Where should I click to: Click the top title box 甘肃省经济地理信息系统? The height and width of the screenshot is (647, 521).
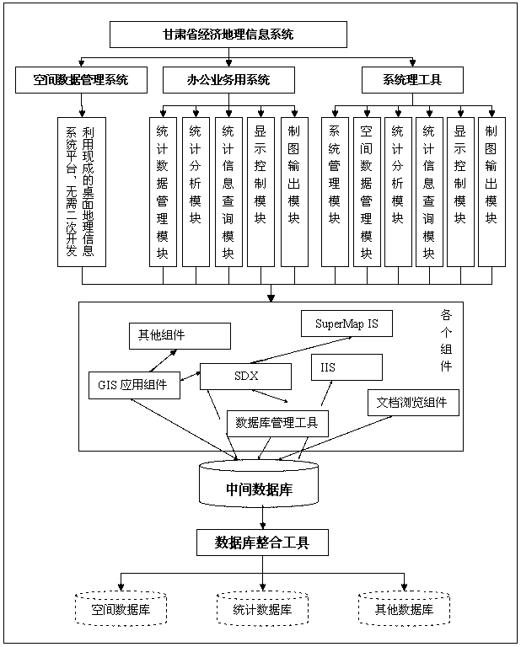pyautogui.click(x=228, y=35)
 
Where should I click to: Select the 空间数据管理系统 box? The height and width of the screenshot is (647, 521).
pyautogui.click(x=81, y=80)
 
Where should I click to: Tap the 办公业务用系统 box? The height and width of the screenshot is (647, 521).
pyautogui.click(x=228, y=80)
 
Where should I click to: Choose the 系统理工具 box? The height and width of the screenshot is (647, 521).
pyautogui.click(x=412, y=80)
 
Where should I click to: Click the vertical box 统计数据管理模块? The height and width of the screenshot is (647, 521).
pyautogui.click(x=163, y=191)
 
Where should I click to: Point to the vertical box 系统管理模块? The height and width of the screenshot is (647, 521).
pyautogui.click(x=335, y=191)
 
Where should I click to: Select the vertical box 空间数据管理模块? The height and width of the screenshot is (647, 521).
pyautogui.click(x=366, y=191)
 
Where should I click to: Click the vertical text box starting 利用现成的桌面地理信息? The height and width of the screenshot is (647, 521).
pyautogui.click(x=81, y=191)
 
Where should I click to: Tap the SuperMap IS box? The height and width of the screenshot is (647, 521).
pyautogui.click(x=346, y=323)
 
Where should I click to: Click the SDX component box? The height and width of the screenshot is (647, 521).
pyautogui.click(x=245, y=376)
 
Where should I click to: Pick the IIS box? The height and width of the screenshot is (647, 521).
pyautogui.click(x=346, y=367)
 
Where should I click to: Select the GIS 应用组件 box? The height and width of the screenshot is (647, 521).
pyautogui.click(x=133, y=386)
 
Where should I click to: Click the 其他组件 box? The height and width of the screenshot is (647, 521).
pyautogui.click(x=179, y=335)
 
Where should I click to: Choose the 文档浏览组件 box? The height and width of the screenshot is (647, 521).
pyautogui.click(x=413, y=402)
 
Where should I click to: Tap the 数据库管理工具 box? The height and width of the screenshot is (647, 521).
pyautogui.click(x=277, y=423)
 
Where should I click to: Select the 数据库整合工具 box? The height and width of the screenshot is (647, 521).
pyautogui.click(x=262, y=543)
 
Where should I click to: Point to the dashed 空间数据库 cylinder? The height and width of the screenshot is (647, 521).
pyautogui.click(x=122, y=608)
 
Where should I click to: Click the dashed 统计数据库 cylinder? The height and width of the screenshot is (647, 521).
pyautogui.click(x=262, y=608)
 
